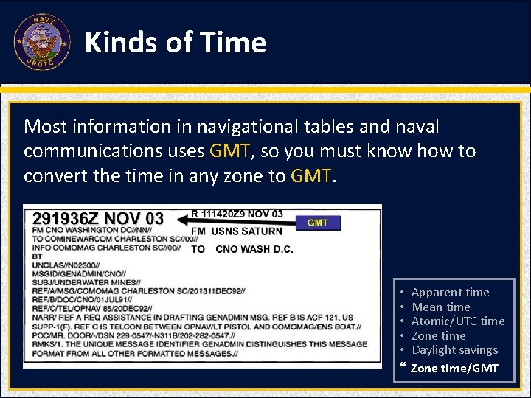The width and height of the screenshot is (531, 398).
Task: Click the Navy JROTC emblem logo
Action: tap(41, 42)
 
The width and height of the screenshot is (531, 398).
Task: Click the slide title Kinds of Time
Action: tap(176, 43)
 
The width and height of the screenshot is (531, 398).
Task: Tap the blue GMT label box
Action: tap(318, 223)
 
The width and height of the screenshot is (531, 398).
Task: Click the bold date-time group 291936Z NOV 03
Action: tap(97, 219)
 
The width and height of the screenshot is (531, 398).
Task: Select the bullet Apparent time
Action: tap(450, 293)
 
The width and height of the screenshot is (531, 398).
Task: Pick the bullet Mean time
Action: tap(440, 307)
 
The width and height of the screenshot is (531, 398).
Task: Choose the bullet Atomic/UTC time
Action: tap(457, 321)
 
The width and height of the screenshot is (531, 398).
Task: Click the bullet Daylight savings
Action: tap(454, 350)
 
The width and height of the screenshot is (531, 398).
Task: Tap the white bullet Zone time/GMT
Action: tap(454, 368)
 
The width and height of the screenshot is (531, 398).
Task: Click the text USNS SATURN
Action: tap(246, 231)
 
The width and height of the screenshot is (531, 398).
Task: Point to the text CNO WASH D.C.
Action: tap(254, 249)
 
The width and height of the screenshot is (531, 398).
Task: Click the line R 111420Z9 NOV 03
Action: tap(237, 214)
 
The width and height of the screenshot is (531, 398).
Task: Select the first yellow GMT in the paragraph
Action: tap(230, 151)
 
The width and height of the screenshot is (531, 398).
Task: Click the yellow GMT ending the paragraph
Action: tap(312, 176)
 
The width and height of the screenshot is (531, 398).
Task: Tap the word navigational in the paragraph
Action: tap(234, 127)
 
